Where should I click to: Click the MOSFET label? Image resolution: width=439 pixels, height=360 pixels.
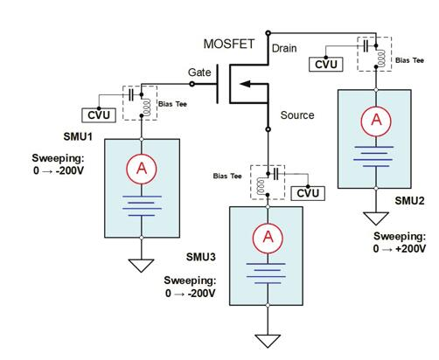[229, 44]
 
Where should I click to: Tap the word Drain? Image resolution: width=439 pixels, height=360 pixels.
[284, 48]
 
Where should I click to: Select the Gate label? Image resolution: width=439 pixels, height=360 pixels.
[199, 73]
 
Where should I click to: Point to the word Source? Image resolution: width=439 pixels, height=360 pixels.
[297, 115]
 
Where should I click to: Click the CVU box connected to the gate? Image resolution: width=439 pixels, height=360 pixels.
[99, 115]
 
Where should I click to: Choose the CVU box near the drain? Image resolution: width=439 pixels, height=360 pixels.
[326, 65]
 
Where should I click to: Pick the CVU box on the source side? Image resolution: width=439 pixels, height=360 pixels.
[308, 193]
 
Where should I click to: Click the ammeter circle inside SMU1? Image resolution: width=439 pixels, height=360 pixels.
[142, 169]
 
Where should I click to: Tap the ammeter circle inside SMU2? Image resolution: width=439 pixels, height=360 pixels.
[376, 121]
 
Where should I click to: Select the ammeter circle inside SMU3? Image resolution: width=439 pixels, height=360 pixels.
[268, 239]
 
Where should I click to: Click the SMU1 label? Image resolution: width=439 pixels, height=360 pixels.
[78, 136]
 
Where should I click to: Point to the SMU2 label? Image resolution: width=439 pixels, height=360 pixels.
[409, 201]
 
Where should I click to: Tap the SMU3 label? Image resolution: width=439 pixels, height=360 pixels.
[201, 257]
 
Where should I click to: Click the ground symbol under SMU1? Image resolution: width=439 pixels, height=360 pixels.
[141, 266]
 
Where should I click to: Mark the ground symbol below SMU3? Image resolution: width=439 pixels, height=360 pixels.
[268, 341]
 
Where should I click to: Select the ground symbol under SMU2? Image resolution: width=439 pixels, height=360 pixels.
[376, 218]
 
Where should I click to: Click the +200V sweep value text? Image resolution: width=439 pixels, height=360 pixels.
[412, 249]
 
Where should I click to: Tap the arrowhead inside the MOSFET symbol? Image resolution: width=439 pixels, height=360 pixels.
[245, 84]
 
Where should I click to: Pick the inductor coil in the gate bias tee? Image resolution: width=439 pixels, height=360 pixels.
[146, 107]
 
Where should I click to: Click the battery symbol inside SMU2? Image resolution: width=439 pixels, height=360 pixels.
[373, 156]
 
